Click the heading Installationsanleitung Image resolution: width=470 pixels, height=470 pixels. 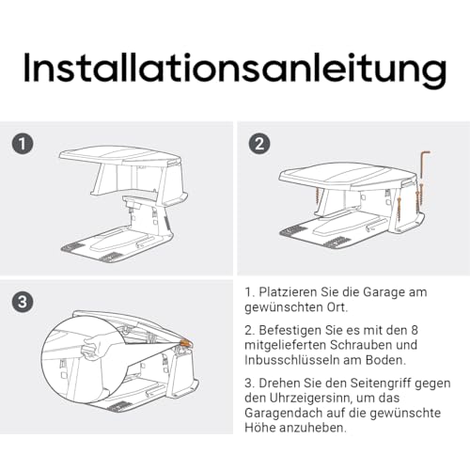pyautogui.click(x=235, y=68)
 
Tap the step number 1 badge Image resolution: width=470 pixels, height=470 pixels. pyautogui.click(x=23, y=144)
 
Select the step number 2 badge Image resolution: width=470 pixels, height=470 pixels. pyautogui.click(x=259, y=144)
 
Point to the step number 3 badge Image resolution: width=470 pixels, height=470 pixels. pyautogui.click(x=23, y=302)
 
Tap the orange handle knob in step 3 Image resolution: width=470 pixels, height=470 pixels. pyautogui.click(x=186, y=342)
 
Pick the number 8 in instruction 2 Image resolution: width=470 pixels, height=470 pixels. pyautogui.click(x=414, y=330)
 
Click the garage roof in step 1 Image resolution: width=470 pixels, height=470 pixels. pyautogui.click(x=120, y=155)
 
